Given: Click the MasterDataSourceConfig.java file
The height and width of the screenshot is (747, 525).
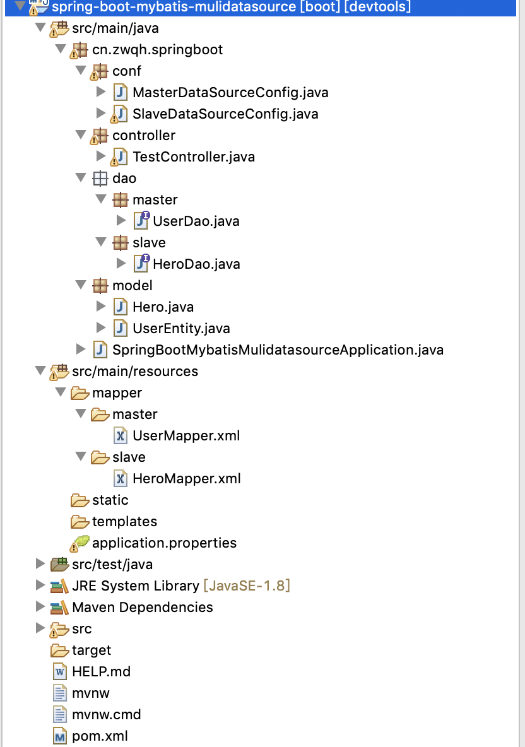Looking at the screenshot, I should coord(230,93).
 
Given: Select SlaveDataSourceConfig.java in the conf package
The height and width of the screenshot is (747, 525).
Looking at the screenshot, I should coord(225,114).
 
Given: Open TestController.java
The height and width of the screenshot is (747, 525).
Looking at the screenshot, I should coord(193,156).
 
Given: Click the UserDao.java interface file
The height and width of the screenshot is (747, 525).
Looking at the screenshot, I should coord(196,221).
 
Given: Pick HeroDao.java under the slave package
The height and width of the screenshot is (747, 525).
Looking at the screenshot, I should coord(196,264).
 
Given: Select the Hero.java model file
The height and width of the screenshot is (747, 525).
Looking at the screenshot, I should coord(163,307).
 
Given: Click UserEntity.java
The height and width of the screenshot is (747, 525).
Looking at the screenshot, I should coord(180,329).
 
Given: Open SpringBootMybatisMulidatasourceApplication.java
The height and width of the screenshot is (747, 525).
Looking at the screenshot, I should coord(278,350).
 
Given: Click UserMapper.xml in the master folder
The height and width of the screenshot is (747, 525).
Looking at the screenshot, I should coord(186,436).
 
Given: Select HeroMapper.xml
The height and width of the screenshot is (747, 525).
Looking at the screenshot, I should coord(186,479).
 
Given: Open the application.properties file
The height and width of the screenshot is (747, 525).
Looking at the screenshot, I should coord(164,543).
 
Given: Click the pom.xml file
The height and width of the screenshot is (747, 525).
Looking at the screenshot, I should coord(100,736).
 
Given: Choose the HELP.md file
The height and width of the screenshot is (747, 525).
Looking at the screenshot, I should coord(101,671).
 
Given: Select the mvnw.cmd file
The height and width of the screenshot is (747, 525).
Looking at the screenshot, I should coord(106,714).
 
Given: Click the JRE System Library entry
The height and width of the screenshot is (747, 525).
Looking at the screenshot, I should coord(135,585).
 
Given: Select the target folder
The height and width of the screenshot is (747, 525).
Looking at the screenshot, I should coord(91,650).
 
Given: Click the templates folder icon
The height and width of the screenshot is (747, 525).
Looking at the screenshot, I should coord(80,522).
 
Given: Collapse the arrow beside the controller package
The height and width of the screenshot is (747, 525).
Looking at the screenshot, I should coord(80,135).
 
